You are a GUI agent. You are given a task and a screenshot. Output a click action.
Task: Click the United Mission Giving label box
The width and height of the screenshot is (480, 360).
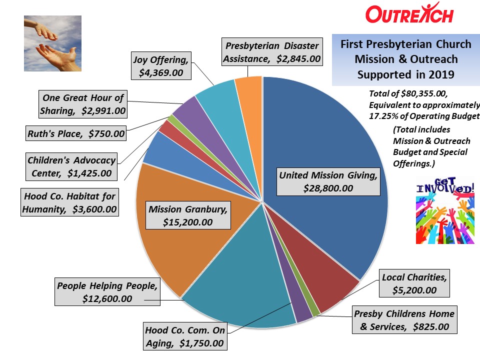pyautogui.click(x=328, y=181)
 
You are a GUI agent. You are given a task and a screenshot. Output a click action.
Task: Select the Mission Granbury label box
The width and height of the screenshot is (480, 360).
pyautogui.click(x=188, y=215)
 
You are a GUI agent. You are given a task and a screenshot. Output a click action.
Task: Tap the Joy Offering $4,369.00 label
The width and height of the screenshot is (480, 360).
pyautogui.click(x=161, y=66)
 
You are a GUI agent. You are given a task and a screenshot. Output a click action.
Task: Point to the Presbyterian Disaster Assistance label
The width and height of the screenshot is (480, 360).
pyautogui.click(x=272, y=51)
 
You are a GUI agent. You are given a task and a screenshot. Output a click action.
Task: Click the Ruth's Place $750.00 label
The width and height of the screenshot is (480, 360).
pyautogui.click(x=76, y=133)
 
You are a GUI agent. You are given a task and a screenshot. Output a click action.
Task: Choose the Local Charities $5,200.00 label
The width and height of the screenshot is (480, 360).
pyautogui.click(x=414, y=283)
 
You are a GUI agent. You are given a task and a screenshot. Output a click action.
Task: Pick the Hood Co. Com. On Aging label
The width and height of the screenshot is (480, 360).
pyautogui.click(x=185, y=336)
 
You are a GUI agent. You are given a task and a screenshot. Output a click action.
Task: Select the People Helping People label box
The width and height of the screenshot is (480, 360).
pyautogui.click(x=107, y=291)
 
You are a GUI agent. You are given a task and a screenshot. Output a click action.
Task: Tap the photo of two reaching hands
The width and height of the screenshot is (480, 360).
pyautogui.click(x=52, y=43)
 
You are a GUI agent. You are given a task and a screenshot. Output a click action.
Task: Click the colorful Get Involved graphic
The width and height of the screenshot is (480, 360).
pyautogui.click(x=445, y=210)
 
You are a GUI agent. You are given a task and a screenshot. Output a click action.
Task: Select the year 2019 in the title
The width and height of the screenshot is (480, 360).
pyautogui.click(x=441, y=74)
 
